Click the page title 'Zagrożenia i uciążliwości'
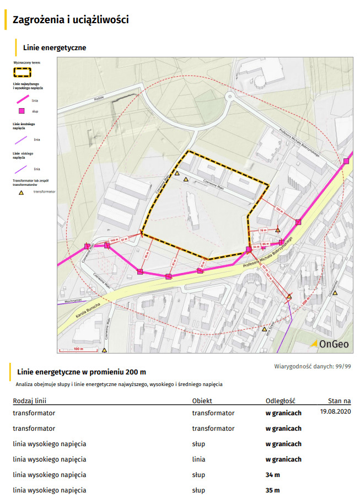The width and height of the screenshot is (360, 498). pyautogui.click(x=71, y=20)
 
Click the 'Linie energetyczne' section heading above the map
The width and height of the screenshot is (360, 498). pyautogui.click(x=55, y=48)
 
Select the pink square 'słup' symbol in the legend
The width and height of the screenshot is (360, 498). pyautogui.click(x=22, y=111)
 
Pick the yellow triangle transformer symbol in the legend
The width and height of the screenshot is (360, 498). pyautogui.click(x=22, y=192)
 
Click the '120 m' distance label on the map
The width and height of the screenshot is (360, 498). pyautogui.click(x=279, y=210)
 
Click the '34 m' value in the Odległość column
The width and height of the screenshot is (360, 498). pyautogui.click(x=273, y=475)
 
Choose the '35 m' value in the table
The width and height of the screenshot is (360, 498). pyautogui.click(x=273, y=490)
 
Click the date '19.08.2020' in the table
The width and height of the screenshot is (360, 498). pyautogui.click(x=335, y=412)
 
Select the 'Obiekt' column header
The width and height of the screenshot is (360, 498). pyautogui.click(x=202, y=401)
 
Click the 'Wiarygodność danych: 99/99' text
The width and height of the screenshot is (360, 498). pyautogui.click(x=313, y=366)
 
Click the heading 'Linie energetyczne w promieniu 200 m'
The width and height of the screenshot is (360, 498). pyautogui.click(x=82, y=372)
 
